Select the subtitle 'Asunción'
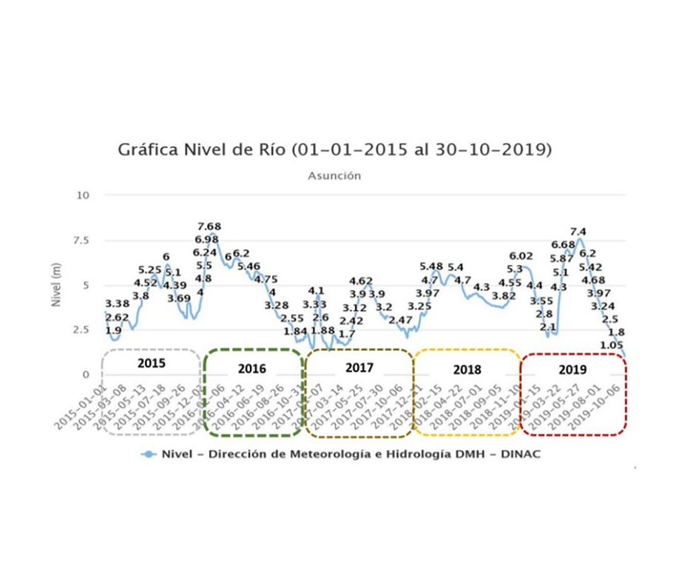coord(334,176)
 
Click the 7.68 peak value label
coord(209,226)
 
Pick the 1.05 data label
coord(612,345)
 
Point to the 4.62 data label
coord(361,280)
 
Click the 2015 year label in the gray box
coord(151,363)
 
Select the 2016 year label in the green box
coord(252,369)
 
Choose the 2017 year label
coord(359,367)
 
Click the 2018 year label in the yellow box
coord(467,369)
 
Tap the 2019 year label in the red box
coord(573,369)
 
